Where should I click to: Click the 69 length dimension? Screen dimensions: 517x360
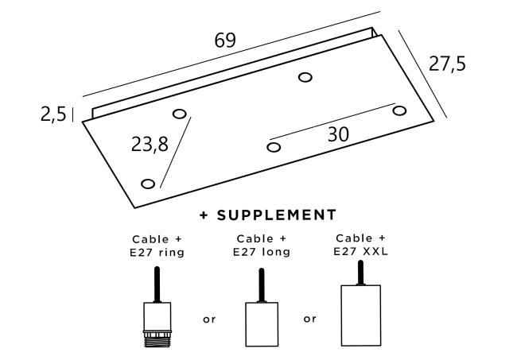click(x=225, y=41)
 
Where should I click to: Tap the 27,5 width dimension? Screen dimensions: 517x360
click(x=447, y=64)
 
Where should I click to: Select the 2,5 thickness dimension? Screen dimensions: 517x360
click(x=53, y=114)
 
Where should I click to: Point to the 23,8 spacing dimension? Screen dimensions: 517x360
click(x=150, y=145)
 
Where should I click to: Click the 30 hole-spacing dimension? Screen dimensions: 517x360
click(x=338, y=134)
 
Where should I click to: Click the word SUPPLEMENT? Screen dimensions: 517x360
click(x=277, y=215)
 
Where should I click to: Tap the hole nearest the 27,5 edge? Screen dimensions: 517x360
click(x=399, y=110)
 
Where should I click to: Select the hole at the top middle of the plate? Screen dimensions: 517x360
click(x=305, y=77)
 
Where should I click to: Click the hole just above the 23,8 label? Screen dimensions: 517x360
click(x=180, y=114)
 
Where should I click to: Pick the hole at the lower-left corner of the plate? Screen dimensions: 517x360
click(x=148, y=184)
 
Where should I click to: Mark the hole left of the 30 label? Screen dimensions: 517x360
click(x=274, y=147)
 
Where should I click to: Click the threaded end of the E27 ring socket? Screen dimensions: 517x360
click(x=157, y=339)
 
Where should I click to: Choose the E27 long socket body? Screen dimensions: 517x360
click(x=262, y=324)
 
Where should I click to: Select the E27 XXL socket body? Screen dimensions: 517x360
click(x=361, y=315)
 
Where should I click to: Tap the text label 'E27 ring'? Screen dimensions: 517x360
click(x=157, y=253)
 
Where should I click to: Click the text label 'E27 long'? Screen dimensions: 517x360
click(x=262, y=252)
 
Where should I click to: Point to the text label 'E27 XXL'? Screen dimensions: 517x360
click(x=361, y=252)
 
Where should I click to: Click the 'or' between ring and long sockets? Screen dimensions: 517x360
click(x=209, y=319)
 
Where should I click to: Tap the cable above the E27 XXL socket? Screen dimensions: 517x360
click(x=361, y=273)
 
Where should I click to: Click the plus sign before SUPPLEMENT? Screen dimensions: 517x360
click(x=204, y=215)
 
